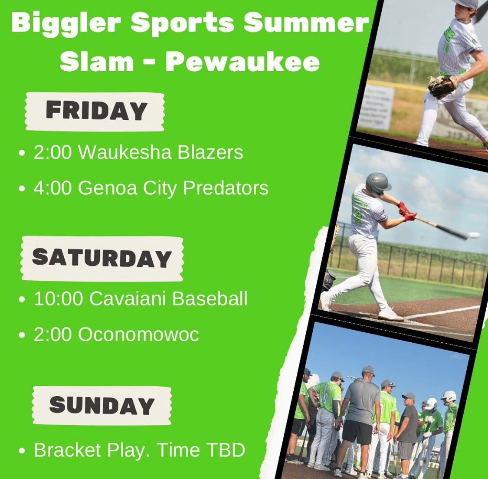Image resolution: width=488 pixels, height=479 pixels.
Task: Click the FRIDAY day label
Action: coord(96,111)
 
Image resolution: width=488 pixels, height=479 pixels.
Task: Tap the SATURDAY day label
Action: coord(102,258)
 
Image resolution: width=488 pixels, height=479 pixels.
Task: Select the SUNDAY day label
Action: coord(102,405)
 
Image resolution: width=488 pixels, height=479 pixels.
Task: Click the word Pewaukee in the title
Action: coord(242,62)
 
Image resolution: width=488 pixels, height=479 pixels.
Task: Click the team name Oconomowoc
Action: coord(138,335)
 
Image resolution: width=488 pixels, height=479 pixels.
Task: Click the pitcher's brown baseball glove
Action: coord(442,85)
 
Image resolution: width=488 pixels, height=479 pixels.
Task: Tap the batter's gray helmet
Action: coord(377,182)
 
